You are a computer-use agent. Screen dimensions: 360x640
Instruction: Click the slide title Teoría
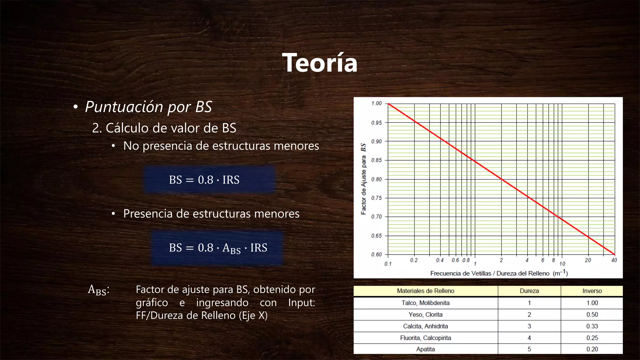tap(320, 63)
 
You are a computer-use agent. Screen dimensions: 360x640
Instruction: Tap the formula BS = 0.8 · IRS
tap(204, 180)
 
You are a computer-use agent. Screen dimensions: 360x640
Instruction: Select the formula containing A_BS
tap(218, 248)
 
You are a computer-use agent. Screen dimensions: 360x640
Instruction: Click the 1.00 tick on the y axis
tap(376, 103)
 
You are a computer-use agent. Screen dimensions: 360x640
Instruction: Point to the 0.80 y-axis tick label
tap(376, 179)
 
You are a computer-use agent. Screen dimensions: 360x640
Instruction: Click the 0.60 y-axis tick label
tap(376, 254)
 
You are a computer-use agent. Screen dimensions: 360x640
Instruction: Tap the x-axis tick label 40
tap(614, 260)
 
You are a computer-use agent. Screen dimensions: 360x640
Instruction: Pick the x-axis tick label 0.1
tap(388, 264)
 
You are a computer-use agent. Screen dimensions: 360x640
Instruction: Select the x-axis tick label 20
tap(588, 260)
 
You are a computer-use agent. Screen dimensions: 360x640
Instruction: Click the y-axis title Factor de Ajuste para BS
tap(363, 179)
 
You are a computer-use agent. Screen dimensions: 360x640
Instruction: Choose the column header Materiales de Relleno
tap(425, 291)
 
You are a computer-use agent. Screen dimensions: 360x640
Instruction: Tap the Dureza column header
tap(529, 291)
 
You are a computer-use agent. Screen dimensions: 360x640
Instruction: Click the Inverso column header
tap(592, 291)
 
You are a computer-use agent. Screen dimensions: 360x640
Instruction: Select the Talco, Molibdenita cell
tap(425, 303)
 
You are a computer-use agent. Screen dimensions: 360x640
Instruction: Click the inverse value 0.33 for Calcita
tap(592, 326)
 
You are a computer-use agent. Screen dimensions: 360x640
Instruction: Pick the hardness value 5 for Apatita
tap(529, 349)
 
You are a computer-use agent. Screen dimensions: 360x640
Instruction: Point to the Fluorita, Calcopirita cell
tap(425, 338)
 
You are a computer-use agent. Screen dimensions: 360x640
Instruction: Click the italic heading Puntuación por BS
tap(148, 107)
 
